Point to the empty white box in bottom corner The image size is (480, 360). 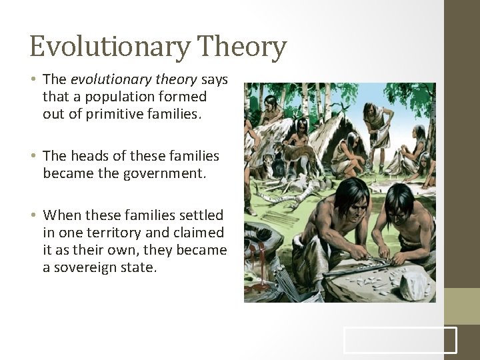click(x=400, y=340)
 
